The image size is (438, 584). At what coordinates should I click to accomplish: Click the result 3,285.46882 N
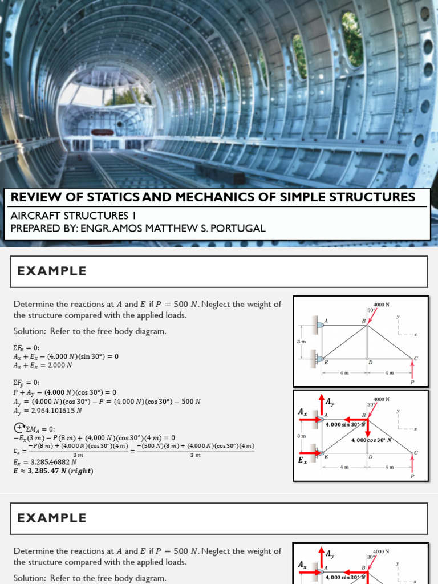pos(45,463)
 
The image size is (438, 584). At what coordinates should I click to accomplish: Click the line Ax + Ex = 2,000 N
pos(43,366)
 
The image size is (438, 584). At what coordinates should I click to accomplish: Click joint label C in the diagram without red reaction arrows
pos(416,358)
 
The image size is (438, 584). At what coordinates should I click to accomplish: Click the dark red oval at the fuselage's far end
pos(102,132)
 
